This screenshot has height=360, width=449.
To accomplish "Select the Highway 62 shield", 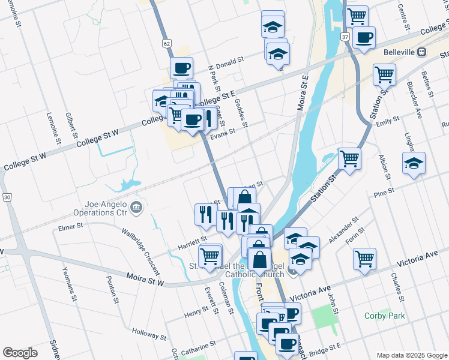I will click(166, 43).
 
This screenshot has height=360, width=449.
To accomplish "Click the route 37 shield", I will click(346, 37).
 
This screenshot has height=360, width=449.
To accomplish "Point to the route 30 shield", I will click(7, 196).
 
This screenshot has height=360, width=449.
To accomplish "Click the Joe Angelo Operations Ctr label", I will click(100, 208).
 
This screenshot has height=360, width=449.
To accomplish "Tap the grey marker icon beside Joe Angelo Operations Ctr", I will click(137, 208).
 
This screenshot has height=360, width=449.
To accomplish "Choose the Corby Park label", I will click(385, 316).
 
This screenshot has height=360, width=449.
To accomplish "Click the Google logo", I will click(20, 353).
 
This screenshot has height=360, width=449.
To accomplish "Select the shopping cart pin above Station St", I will click(349, 159).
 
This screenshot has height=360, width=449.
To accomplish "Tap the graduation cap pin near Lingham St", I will click(414, 163).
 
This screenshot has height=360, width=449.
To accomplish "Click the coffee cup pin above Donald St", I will click(181, 68).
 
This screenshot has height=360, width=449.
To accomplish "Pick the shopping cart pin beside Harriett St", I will click(209, 256).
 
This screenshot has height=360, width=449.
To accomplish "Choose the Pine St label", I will click(383, 193).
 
